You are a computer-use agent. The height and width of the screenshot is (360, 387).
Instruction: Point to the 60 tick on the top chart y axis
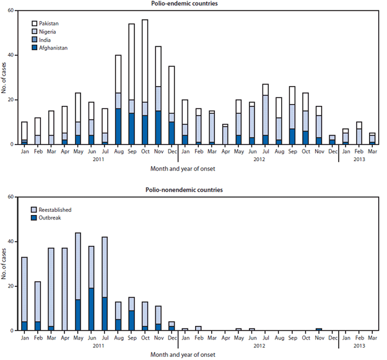point(11,11)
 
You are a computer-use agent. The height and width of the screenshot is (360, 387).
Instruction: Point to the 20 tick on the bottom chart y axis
point(11,286)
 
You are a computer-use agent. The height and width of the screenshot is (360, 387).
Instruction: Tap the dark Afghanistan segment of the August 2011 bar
point(118,126)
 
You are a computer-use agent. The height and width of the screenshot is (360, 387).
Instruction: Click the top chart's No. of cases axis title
point(4,77)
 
